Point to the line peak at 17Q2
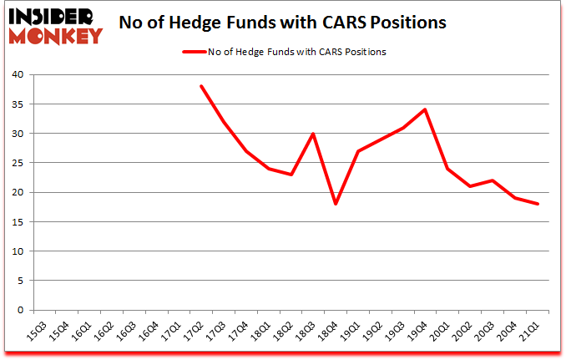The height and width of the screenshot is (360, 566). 201,86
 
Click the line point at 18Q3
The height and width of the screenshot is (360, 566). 313,134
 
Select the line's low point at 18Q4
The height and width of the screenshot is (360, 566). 336,204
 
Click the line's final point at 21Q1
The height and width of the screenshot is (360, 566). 538,204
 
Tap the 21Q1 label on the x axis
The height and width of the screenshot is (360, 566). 528,330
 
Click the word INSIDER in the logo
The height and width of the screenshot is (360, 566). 53,14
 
